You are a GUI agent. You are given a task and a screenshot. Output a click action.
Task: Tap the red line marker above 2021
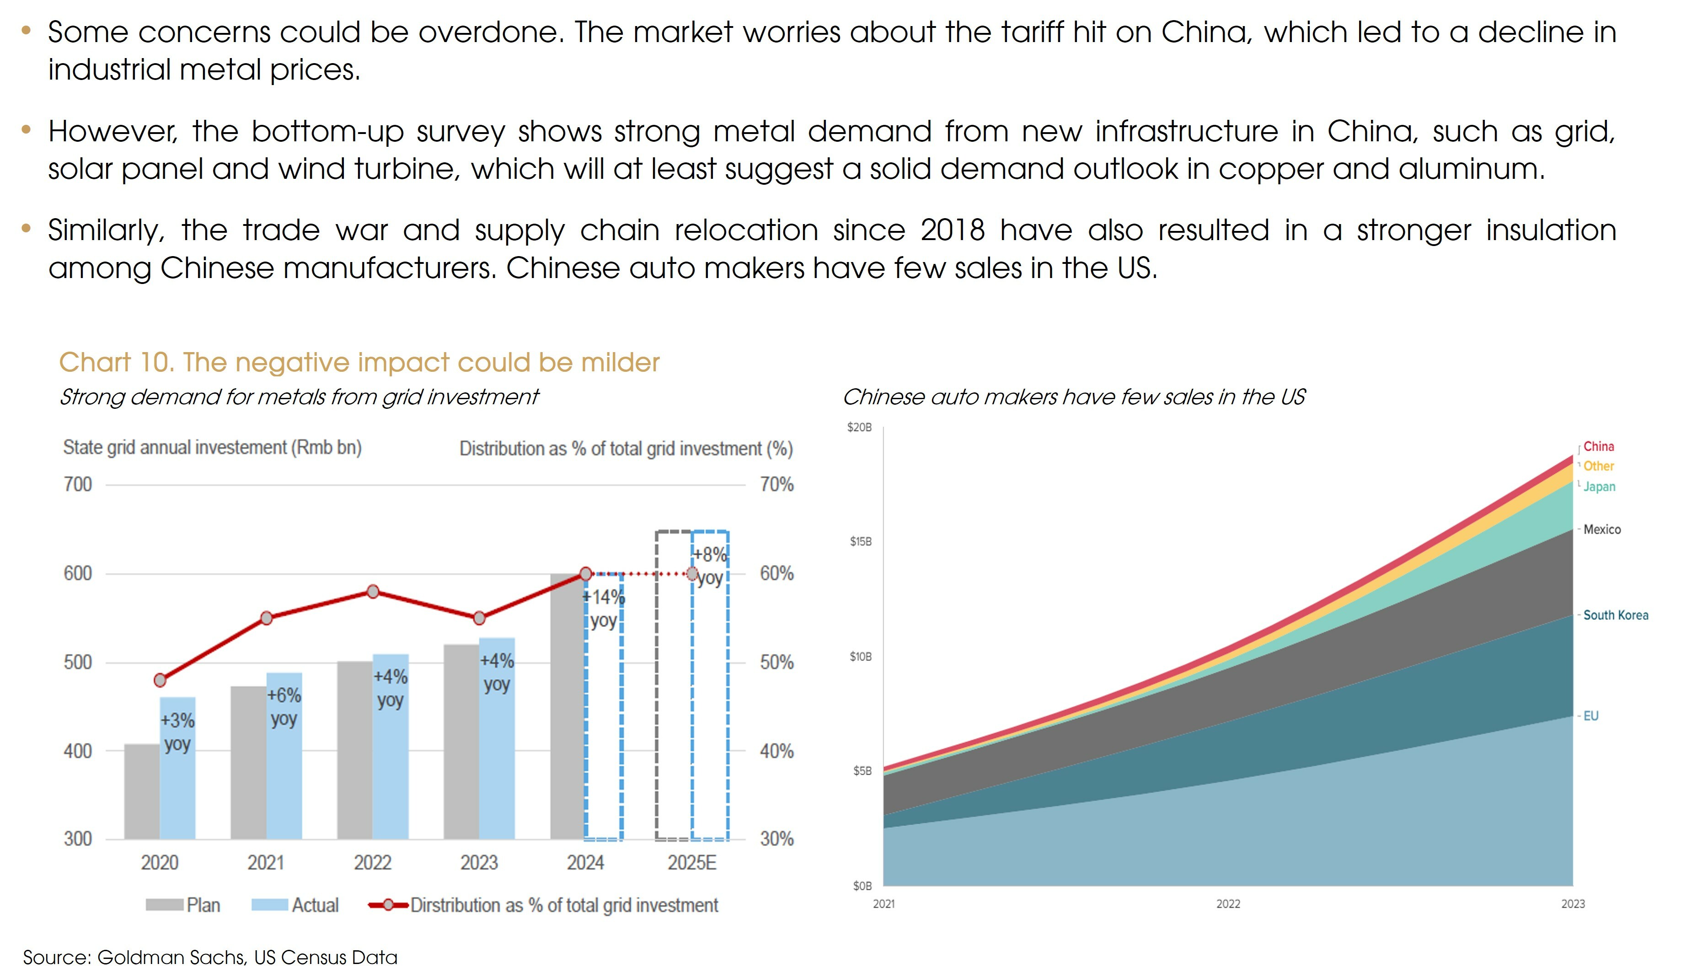click(x=267, y=618)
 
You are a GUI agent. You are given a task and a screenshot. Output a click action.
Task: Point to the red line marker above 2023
click(x=479, y=618)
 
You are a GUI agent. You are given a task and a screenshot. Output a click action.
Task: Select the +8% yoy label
click(x=710, y=566)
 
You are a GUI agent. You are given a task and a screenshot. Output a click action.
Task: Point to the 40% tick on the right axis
click(x=776, y=751)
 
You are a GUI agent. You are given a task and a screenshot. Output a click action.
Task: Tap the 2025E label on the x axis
click(x=692, y=863)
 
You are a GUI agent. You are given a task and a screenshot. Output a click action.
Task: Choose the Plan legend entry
click(x=183, y=905)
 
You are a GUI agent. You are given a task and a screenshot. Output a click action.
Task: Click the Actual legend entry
click(x=295, y=905)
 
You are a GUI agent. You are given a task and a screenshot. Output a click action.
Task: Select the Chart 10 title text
click(x=359, y=362)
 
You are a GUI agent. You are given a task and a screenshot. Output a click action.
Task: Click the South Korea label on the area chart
click(x=1616, y=615)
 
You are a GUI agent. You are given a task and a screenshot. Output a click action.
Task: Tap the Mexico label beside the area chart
click(x=1602, y=530)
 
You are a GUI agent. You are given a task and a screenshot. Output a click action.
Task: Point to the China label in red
click(x=1598, y=446)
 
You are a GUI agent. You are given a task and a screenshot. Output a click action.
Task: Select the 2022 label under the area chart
click(x=1228, y=904)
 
